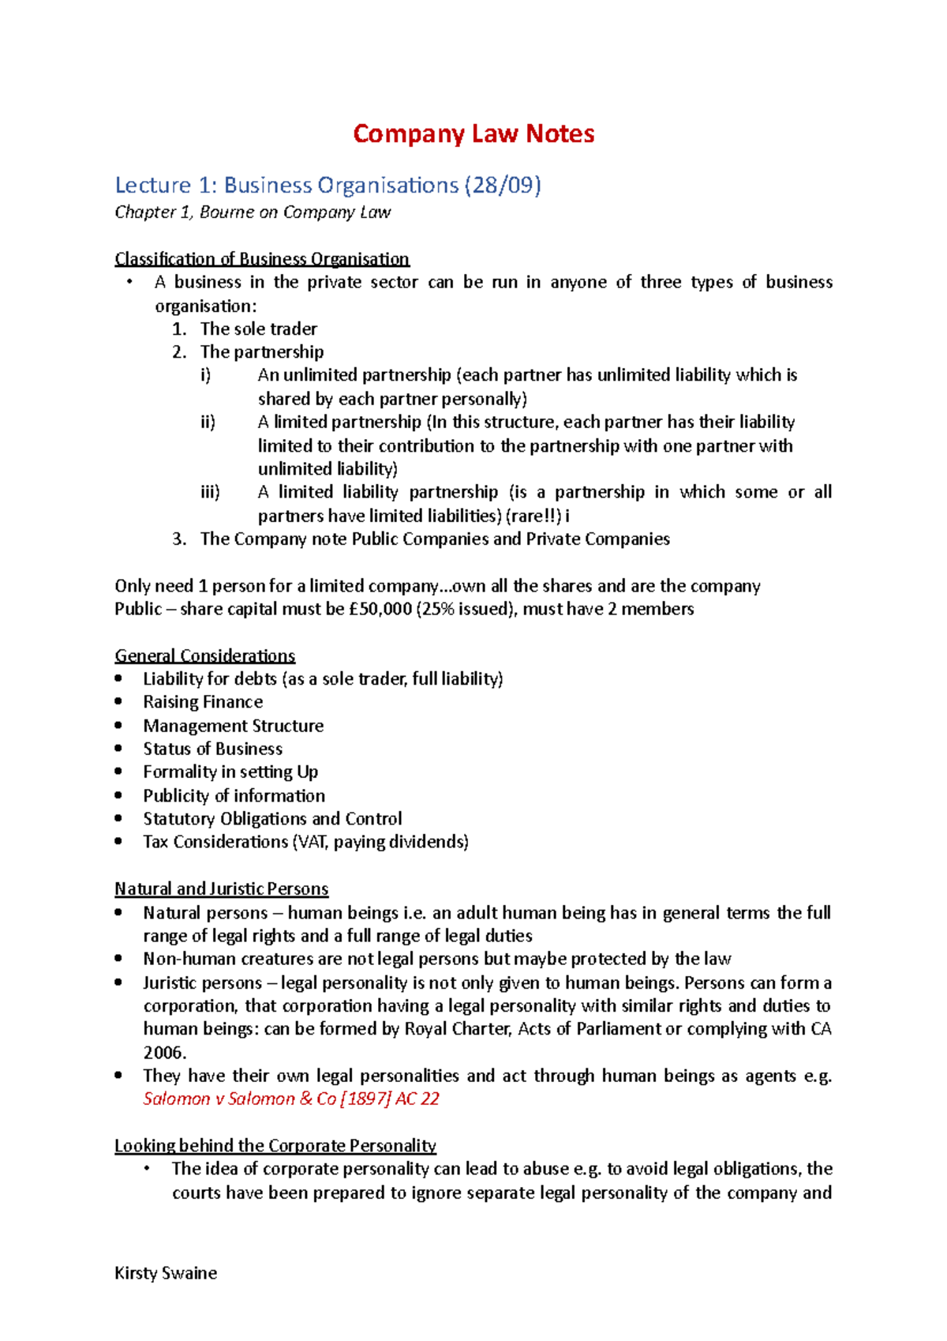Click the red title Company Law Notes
tap(473, 133)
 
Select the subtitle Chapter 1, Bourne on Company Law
tap(253, 212)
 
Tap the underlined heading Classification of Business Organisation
tap(262, 259)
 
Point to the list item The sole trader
tap(259, 329)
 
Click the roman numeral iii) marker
tap(210, 492)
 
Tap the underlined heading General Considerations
tap(205, 655)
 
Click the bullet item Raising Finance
tap(203, 702)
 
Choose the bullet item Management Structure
tap(234, 726)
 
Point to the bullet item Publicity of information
tap(234, 795)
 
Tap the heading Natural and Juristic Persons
tap(222, 889)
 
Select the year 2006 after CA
tap(164, 1053)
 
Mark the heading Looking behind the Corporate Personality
tap(275, 1146)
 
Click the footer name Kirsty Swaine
tap(166, 1273)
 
